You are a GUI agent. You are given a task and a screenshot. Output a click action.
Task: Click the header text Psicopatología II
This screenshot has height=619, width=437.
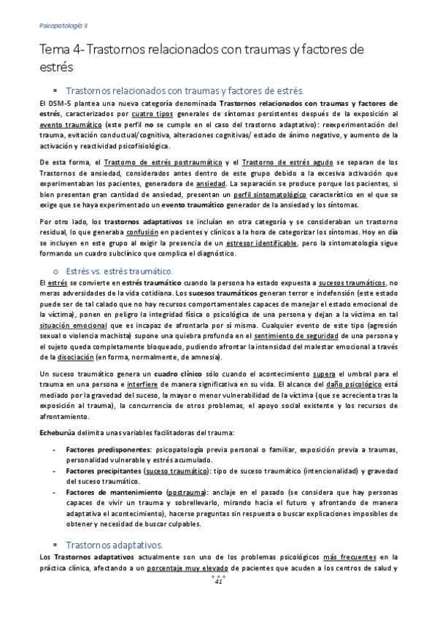[x=61, y=24]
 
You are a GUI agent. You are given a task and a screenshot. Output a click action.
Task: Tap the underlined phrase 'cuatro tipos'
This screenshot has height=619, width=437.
[x=152, y=115]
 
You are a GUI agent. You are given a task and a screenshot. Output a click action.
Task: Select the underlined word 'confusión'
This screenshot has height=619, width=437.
[x=145, y=232]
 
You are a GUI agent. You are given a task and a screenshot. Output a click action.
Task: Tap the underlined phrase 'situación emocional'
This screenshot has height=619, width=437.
[x=71, y=325]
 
